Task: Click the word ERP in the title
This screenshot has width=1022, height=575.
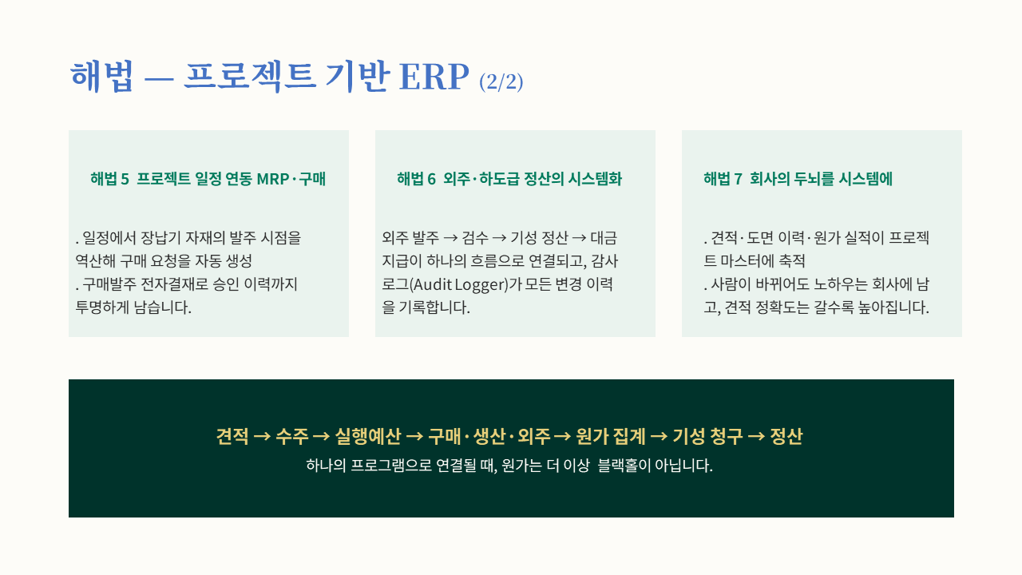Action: (x=434, y=77)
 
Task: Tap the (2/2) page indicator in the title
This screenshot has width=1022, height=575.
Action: (x=501, y=81)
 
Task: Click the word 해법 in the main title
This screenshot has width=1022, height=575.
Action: (x=101, y=76)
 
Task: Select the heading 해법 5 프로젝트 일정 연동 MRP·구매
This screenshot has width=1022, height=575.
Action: (x=208, y=178)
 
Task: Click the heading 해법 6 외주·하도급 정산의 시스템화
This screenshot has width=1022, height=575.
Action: (x=509, y=178)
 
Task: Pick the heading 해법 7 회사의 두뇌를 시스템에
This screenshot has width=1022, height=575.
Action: (x=798, y=178)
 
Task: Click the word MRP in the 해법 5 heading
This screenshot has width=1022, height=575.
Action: (x=273, y=179)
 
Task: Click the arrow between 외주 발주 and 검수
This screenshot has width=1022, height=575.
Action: (x=450, y=238)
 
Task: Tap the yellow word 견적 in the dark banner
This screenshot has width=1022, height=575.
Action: (x=232, y=436)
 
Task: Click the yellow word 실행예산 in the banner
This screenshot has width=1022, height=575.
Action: (x=368, y=436)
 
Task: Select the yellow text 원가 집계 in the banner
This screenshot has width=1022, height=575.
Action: (x=611, y=436)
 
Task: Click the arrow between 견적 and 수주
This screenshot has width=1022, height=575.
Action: (x=262, y=437)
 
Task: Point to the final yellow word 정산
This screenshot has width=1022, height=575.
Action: (x=786, y=436)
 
